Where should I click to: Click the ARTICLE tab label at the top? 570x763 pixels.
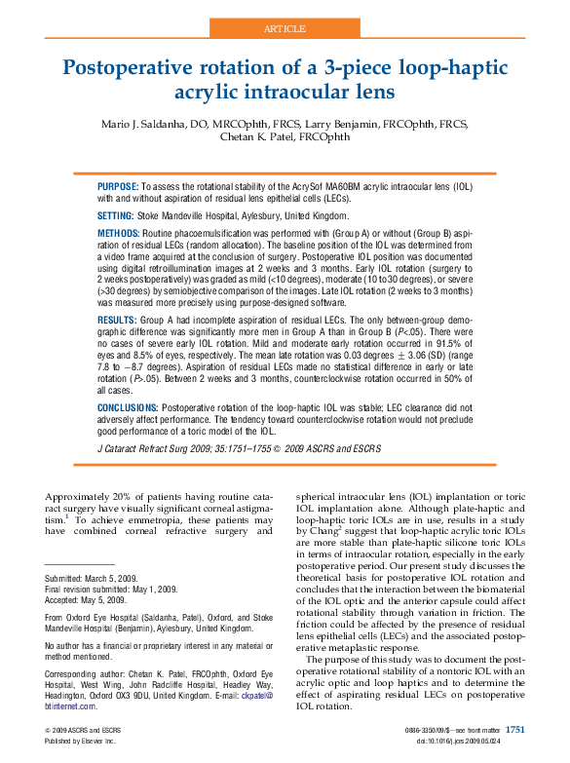(x=285, y=29)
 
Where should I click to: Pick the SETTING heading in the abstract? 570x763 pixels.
(x=115, y=214)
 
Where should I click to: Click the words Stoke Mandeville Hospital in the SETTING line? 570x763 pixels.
(x=199, y=214)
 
